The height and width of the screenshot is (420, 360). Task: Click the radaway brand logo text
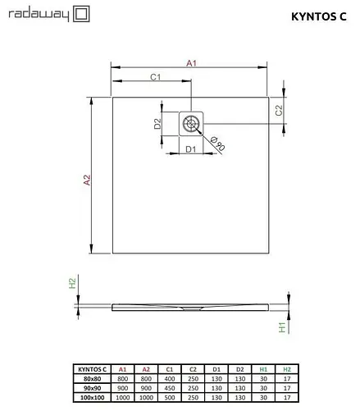36,13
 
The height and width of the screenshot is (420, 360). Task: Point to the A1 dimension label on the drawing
191,62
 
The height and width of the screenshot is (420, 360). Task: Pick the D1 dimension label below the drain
189,149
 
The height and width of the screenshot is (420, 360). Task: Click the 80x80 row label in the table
92,380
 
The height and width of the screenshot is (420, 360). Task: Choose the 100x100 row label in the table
92,398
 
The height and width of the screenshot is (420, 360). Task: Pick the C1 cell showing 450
169,389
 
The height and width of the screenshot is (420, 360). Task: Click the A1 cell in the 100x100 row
123,398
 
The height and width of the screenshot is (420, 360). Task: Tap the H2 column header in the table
287,370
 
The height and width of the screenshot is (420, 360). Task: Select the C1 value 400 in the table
169,380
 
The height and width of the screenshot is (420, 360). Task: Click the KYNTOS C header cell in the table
92,370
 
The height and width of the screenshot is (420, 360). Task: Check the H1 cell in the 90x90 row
263,389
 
